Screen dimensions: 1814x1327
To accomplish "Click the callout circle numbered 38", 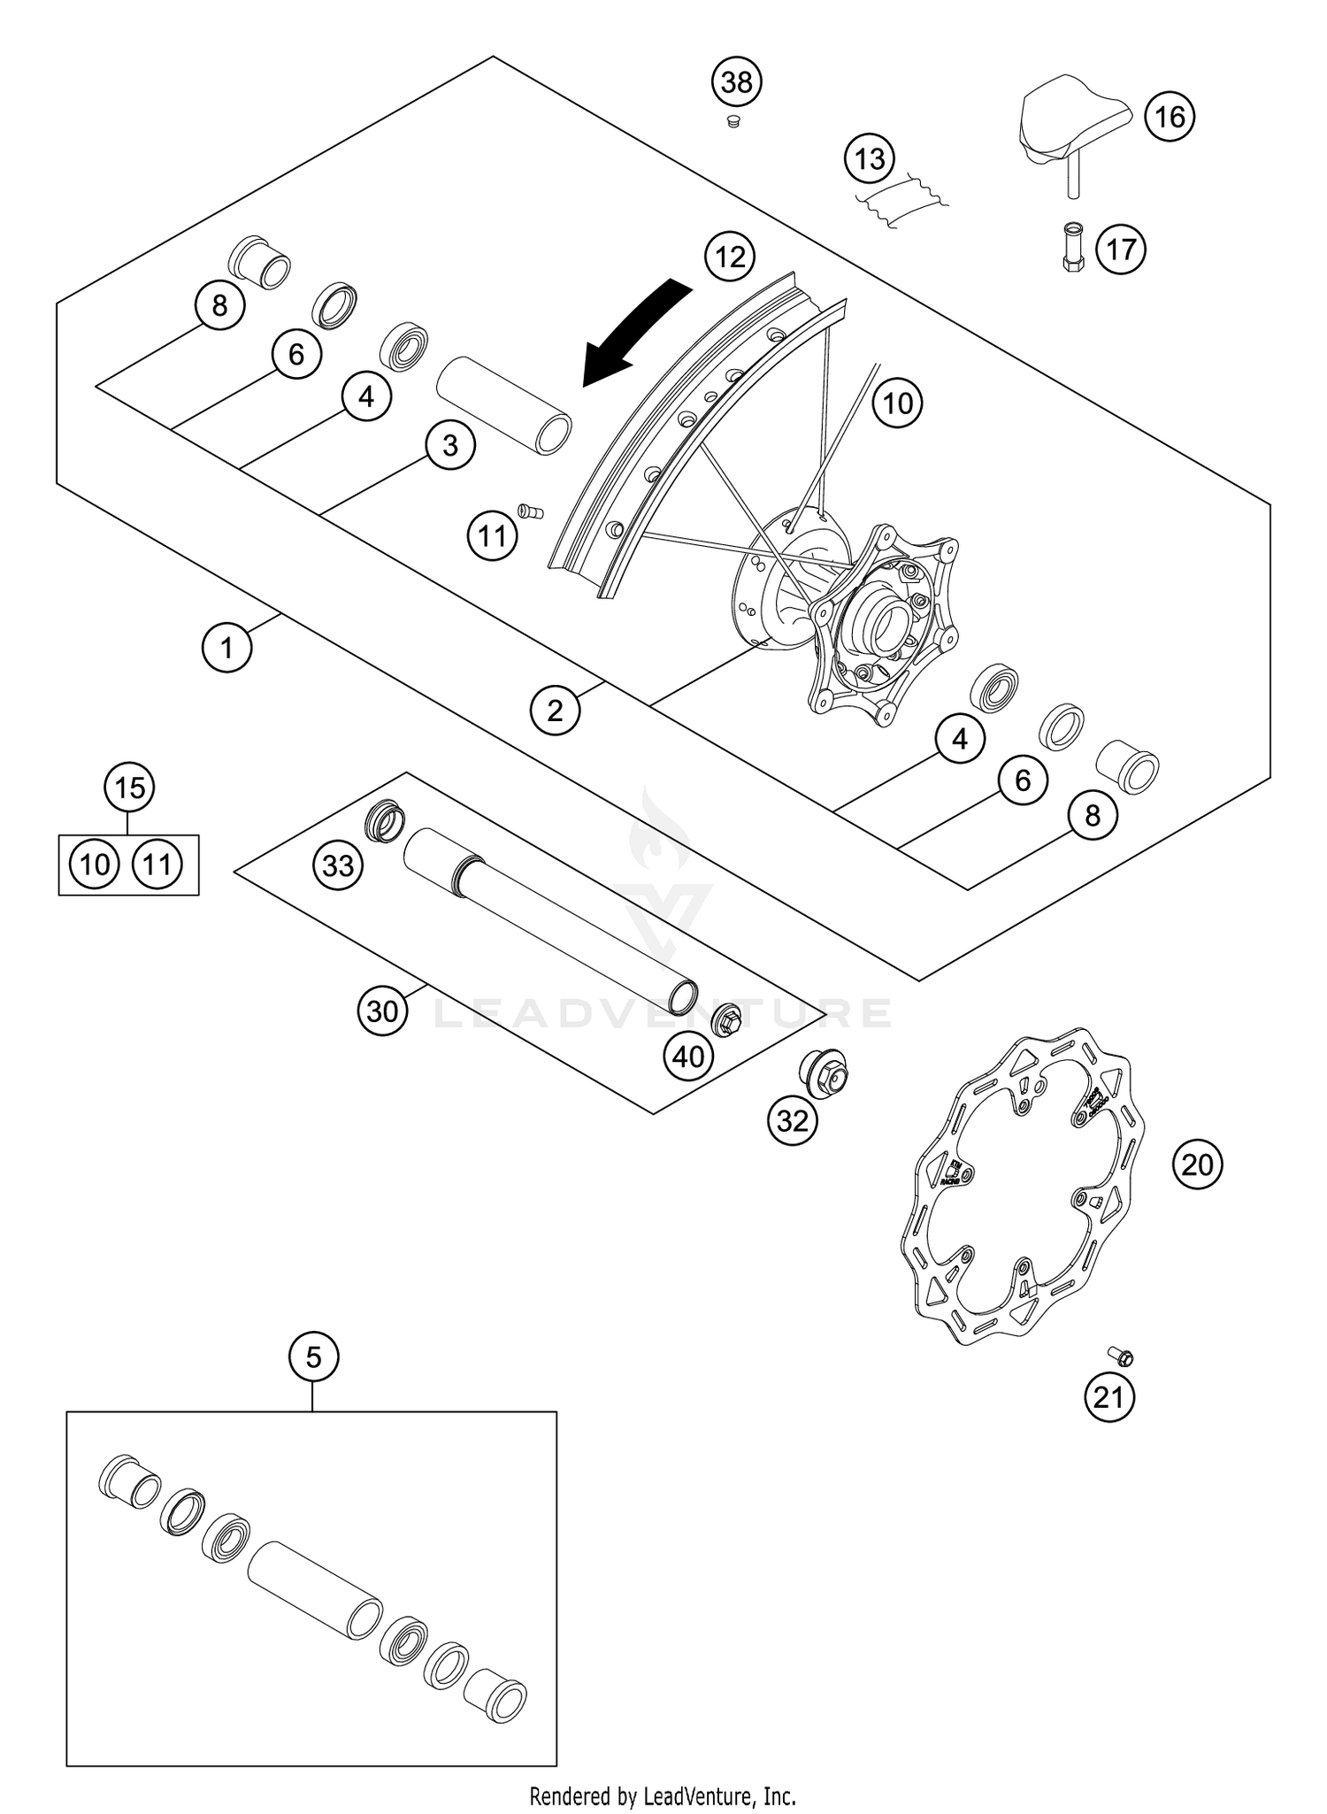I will click(737, 82).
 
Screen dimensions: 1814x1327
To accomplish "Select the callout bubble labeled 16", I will click(1170, 116).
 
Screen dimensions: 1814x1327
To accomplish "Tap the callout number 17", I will click(1121, 249).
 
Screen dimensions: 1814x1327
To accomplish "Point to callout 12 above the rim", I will click(730, 257).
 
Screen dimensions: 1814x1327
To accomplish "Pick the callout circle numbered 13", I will click(870, 159).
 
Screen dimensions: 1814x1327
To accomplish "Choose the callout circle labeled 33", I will click(338, 865).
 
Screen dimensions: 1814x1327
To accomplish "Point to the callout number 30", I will click(382, 1010).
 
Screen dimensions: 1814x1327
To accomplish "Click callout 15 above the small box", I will click(129, 787).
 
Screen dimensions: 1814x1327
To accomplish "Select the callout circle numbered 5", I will click(313, 1356).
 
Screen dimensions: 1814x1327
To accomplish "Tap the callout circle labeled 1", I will click(226, 648).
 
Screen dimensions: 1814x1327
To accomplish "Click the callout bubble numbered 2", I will click(555, 710).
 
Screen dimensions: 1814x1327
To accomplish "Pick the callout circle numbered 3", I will click(449, 444).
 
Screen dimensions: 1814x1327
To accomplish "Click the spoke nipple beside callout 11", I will click(530, 511).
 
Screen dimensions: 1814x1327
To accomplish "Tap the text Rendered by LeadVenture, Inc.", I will click(663, 1795).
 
